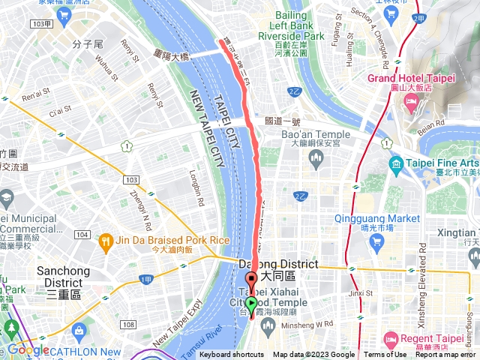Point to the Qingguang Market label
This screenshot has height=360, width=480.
tap(377, 218)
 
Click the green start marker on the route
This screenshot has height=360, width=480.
tap(251, 304)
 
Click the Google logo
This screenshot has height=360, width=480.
tap(28, 349)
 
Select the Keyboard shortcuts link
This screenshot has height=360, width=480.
tap(232, 355)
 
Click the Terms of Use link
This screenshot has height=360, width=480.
tap(386, 355)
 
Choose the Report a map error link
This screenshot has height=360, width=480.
tap(445, 355)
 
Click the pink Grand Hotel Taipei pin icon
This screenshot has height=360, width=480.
tap(410, 104)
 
